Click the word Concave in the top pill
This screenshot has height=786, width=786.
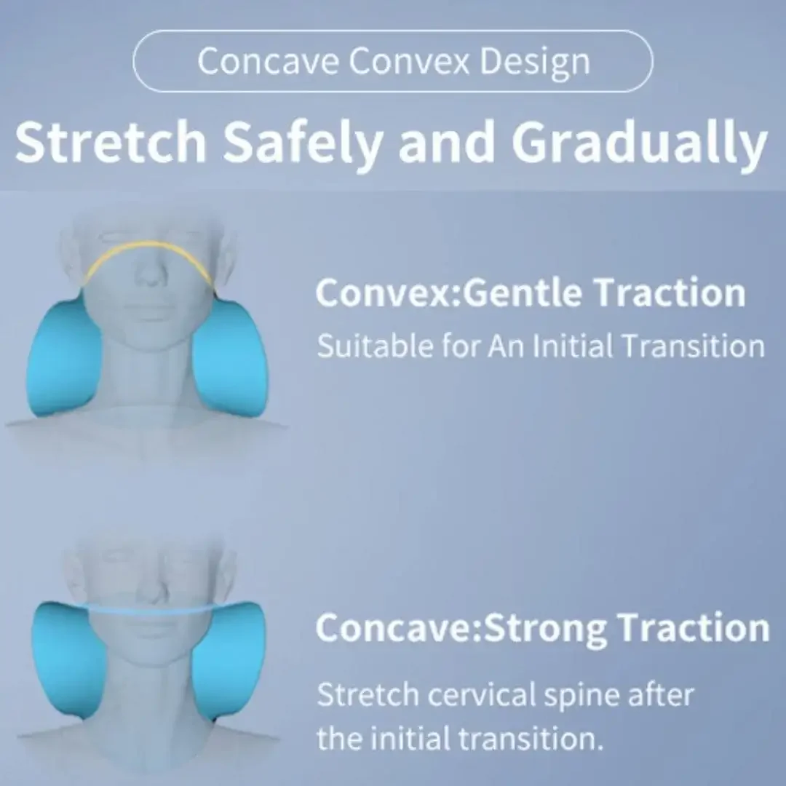(268, 61)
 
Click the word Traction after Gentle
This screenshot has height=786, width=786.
(669, 293)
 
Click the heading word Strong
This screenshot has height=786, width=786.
(541, 628)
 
